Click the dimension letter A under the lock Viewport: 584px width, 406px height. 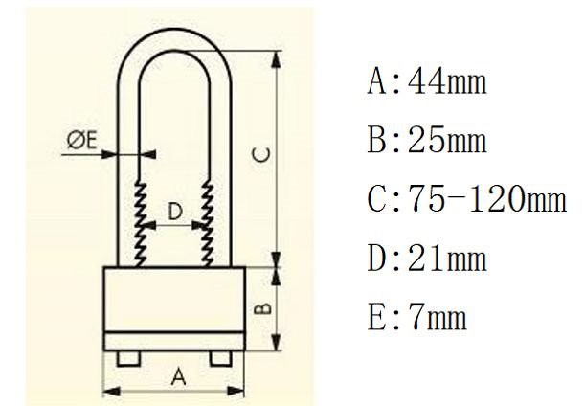(177, 377)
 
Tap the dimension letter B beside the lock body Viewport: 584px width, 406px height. (267, 309)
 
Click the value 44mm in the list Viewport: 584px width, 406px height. (447, 81)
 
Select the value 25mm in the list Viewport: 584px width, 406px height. (447, 141)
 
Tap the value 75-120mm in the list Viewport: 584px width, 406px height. (487, 200)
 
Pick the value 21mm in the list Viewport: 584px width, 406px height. (447, 259)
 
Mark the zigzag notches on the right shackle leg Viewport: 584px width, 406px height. (207, 223)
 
